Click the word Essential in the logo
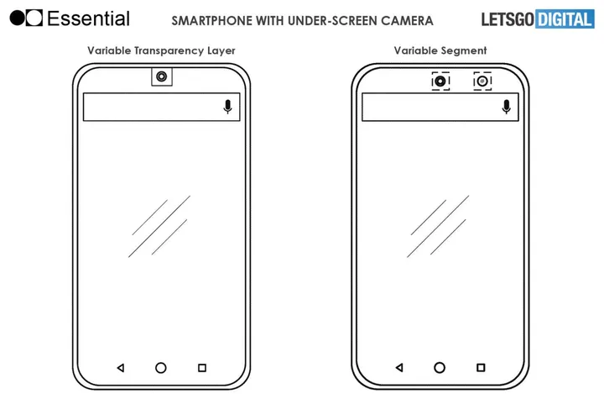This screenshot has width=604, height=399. coord(88,18)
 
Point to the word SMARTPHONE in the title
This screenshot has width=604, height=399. coord(209,18)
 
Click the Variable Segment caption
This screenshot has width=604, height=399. coord(440,51)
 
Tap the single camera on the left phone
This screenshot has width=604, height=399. coord(161,77)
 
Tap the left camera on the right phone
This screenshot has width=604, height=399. coord(441,81)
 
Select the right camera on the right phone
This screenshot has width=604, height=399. coord(482,81)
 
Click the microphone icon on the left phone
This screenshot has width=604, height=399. coord(227,107)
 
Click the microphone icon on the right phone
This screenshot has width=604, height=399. coord(506,107)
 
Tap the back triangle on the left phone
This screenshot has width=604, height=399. coord(120,368)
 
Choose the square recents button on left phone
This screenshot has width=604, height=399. coord(202,368)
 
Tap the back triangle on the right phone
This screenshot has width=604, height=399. coord(398,368)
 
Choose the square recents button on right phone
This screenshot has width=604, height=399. coord(481,368)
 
